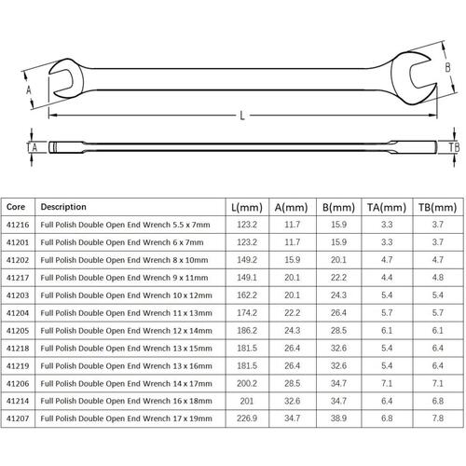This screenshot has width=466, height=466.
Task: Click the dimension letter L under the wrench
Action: pyautogui.click(x=242, y=116)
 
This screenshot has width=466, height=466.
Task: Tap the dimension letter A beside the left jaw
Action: pyautogui.click(x=29, y=90)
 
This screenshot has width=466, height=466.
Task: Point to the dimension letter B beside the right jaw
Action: pyautogui.click(x=447, y=67)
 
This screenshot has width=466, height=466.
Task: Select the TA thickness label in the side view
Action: pyautogui.click(x=32, y=147)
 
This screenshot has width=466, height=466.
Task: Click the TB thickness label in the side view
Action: pyautogui.click(x=454, y=147)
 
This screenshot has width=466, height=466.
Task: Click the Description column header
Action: pyautogui.click(x=63, y=207)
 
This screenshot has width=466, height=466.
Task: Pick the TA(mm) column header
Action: pyautogui.click(x=387, y=207)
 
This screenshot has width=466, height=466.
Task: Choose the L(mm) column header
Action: pyautogui.click(x=247, y=207)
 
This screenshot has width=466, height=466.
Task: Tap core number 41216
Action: pyautogui.click(x=18, y=225)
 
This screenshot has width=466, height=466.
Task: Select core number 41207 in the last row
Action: pyautogui.click(x=18, y=418)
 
